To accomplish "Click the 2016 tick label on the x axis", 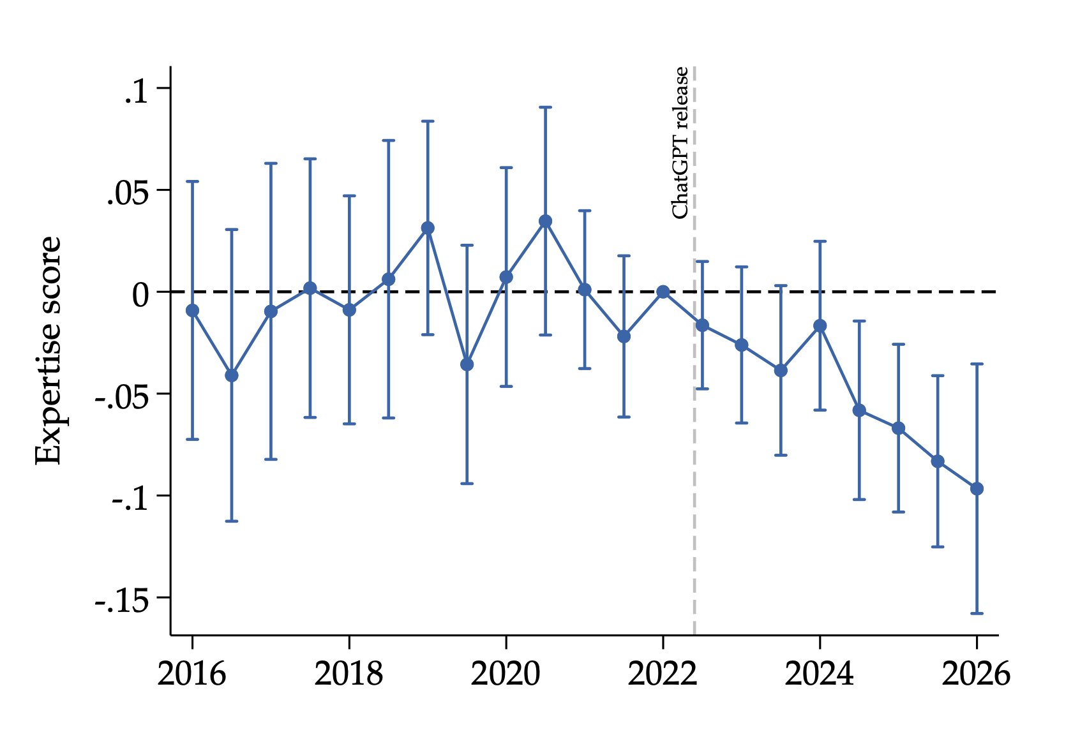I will point(191,675).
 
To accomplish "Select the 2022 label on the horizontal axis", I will point(663,675).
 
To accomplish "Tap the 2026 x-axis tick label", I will point(976,675).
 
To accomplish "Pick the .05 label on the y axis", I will point(128,195).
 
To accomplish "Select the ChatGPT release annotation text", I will point(680,143).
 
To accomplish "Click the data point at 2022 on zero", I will point(663,292).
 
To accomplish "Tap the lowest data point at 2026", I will point(977,489).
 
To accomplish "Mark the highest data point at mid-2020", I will point(545,221).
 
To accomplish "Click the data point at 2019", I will point(428,228).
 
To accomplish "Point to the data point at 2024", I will point(820,325).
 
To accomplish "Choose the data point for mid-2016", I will point(232,375).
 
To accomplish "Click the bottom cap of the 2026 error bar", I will point(977,613).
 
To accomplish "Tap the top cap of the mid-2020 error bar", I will point(545,107).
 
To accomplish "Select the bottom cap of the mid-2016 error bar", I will point(232,521).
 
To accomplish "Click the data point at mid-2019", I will point(467,364).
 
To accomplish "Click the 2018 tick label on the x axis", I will point(349,675).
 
